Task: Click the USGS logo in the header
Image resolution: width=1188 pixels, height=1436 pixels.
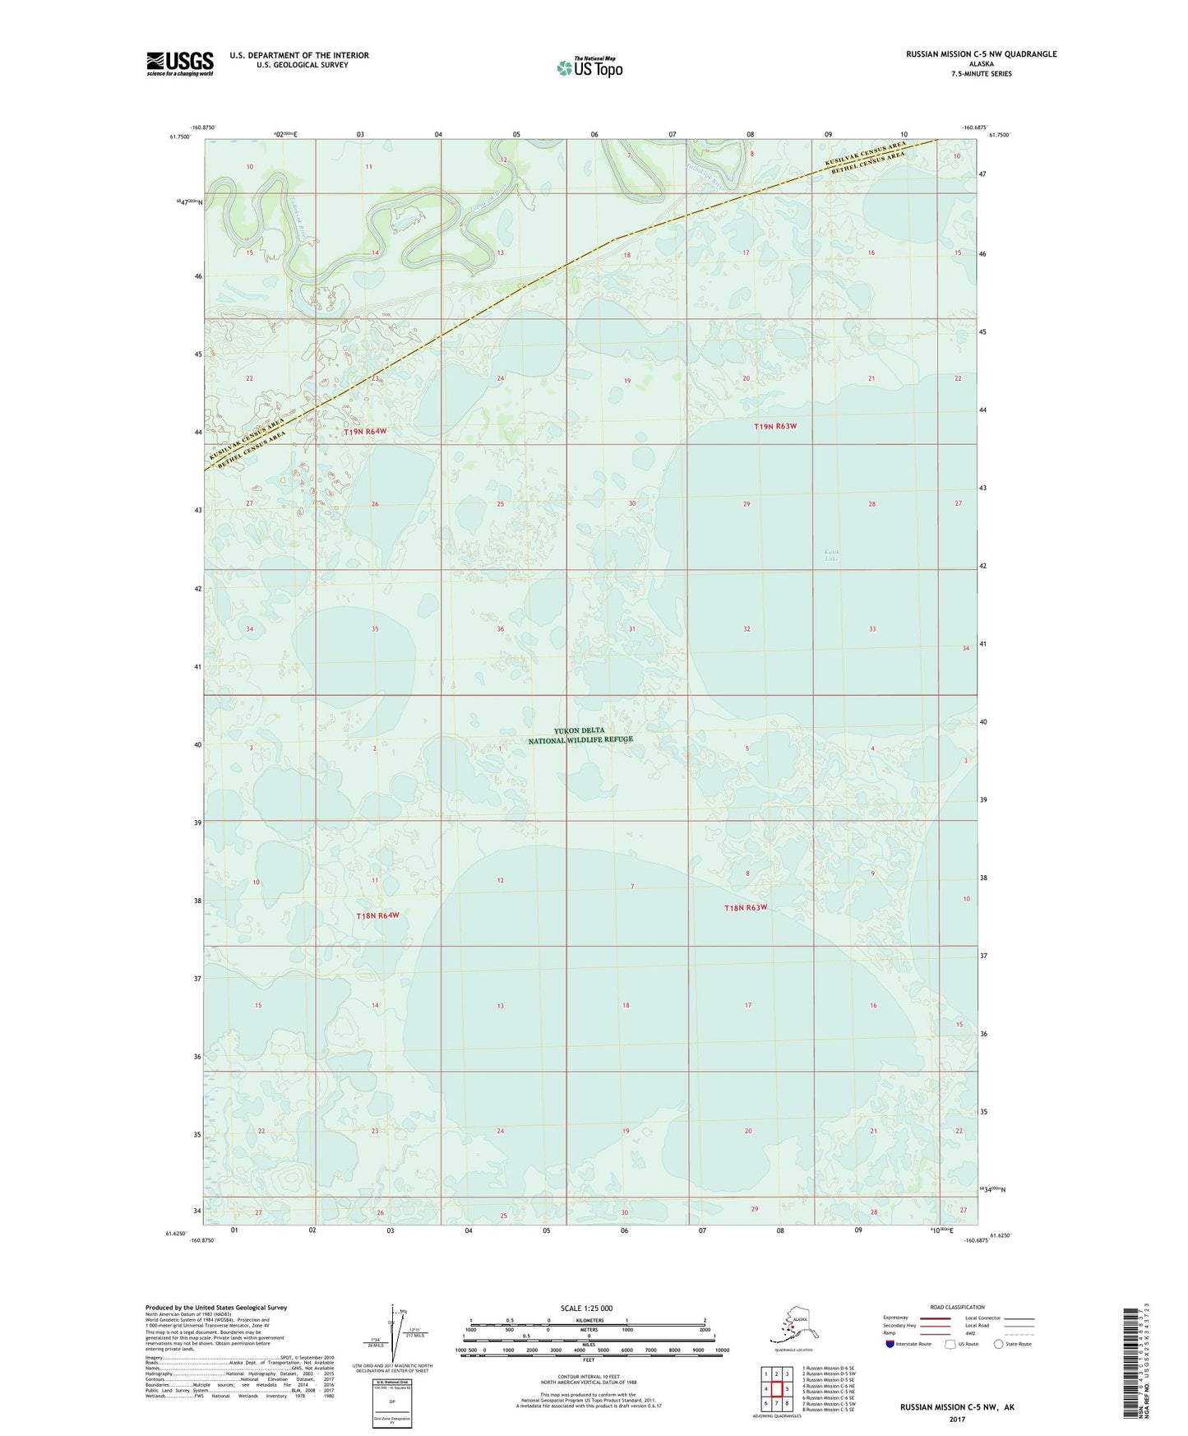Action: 179,63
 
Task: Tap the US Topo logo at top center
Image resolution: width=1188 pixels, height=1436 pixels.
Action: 589,67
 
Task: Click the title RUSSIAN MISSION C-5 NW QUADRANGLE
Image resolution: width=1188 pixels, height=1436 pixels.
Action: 981,54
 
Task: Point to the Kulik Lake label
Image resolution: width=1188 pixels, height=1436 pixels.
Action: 832,555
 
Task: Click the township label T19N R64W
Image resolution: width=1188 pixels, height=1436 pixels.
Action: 364,431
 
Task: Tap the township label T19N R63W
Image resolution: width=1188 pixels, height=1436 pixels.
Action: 775,426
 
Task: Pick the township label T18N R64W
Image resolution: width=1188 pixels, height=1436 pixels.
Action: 377,915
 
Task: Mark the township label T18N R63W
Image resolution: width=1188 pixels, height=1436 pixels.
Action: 746,907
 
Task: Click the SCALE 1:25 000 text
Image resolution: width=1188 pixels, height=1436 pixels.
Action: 587,1308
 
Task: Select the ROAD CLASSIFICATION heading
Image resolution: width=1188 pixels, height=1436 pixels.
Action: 957,1307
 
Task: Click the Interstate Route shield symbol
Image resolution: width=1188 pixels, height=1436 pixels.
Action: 890,1344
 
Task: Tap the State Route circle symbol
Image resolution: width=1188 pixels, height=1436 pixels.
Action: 998,1344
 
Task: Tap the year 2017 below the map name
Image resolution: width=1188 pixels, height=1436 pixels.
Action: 956,1419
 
